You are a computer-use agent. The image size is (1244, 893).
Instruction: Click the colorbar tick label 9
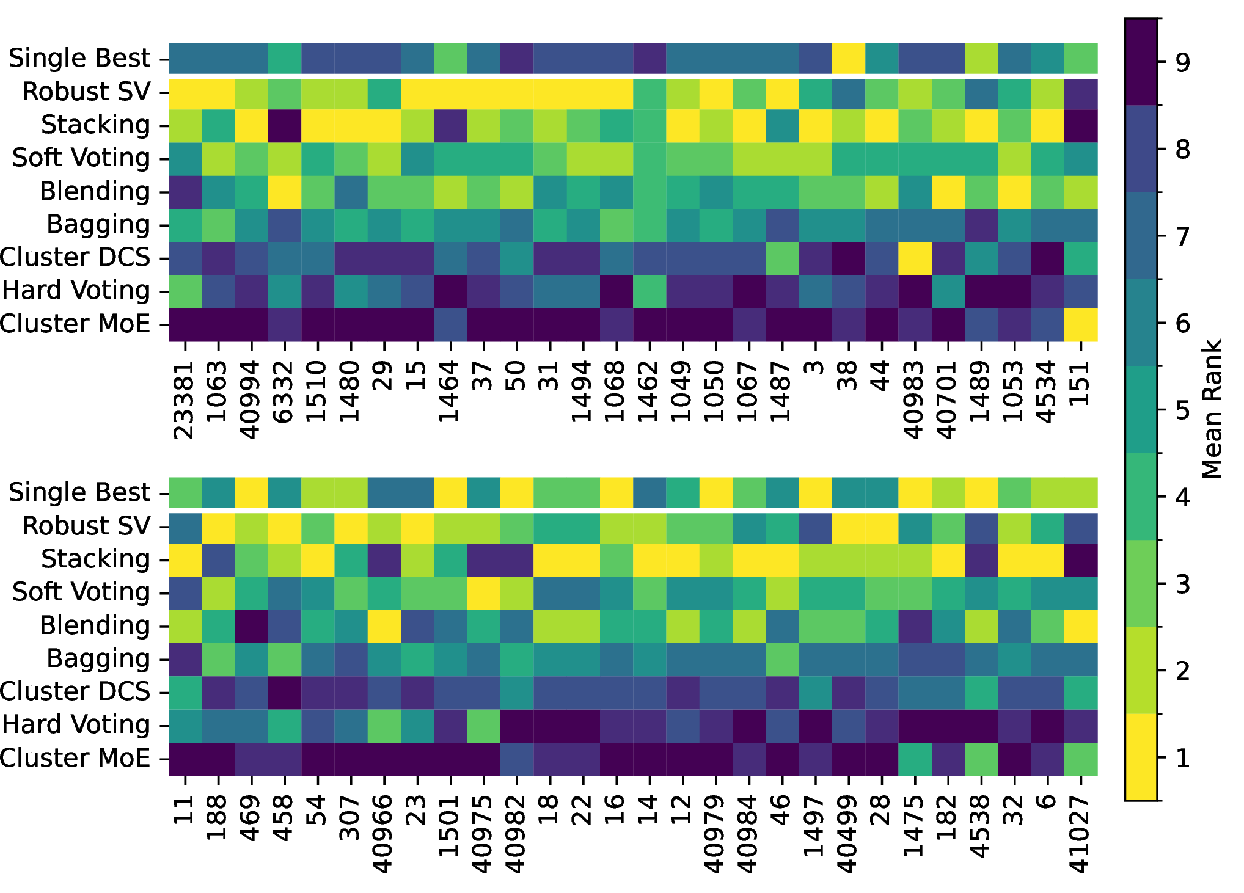point(1183,62)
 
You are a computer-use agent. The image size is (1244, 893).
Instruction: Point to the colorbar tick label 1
point(1183,758)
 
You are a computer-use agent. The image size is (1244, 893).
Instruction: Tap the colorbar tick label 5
point(1183,410)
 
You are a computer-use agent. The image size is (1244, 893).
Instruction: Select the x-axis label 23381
point(185,400)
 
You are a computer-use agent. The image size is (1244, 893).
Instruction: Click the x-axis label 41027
point(1080,834)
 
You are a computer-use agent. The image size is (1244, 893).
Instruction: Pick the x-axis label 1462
point(649,392)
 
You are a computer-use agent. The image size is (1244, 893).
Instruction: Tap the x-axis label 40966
point(384,834)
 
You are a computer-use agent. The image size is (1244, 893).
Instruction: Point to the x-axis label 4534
point(1047,392)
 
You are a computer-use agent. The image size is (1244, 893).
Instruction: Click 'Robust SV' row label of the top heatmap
point(86,92)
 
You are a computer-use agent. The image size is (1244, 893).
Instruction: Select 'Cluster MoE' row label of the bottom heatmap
point(75,758)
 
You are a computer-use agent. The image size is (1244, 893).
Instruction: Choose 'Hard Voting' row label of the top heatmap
point(76,291)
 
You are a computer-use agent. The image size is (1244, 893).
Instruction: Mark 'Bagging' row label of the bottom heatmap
point(98,659)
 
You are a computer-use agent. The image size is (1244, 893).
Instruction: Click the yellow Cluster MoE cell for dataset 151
point(1081,324)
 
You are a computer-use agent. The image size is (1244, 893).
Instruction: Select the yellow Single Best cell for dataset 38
point(849,58)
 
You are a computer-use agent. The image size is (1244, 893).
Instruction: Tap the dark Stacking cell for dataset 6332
point(285,125)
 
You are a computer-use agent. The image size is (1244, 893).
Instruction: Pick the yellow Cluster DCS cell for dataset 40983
point(915,258)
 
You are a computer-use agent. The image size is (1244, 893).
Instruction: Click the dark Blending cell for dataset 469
point(252,626)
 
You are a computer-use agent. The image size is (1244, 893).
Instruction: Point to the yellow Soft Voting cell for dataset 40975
point(484,592)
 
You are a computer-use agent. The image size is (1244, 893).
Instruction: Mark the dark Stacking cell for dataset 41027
point(1081,559)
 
